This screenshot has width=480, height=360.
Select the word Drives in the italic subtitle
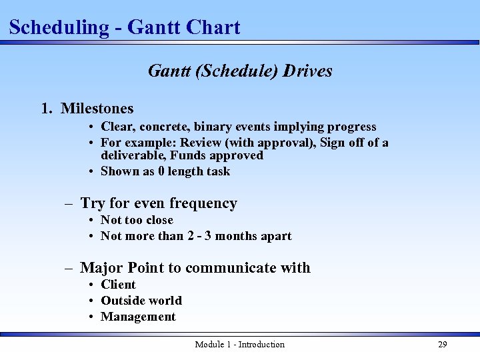coord(307,71)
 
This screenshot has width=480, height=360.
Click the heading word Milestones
coord(97,108)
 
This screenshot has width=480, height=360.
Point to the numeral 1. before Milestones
coord(47,108)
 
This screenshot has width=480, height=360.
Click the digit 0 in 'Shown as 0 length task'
coord(161,171)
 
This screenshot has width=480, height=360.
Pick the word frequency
coord(203,203)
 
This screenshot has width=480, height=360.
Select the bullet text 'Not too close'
coord(137,220)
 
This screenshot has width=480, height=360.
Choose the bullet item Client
coord(118,285)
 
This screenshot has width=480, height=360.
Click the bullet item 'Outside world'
coord(141,301)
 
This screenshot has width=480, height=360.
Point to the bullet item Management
coord(138,317)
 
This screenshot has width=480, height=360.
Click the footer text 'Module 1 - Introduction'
coord(239,345)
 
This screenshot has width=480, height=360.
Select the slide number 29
coord(442,345)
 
